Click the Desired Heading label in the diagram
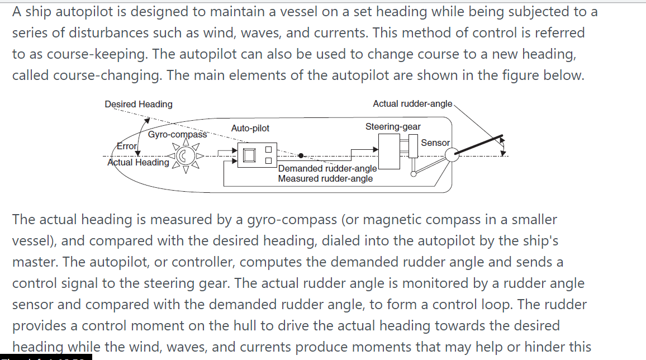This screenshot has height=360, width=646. [x=139, y=104]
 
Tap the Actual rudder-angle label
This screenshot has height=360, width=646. [x=412, y=103]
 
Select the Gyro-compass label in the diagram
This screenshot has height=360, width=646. [x=177, y=135]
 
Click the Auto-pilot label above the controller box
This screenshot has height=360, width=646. [x=250, y=129]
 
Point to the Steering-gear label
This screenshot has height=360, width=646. [x=393, y=127]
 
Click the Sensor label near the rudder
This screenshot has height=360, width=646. [x=435, y=143]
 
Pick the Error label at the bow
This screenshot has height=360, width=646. [x=126, y=146]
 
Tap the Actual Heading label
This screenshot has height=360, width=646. [x=138, y=162]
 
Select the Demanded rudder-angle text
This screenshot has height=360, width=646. [x=328, y=168]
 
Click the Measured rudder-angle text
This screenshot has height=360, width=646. [x=325, y=179]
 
